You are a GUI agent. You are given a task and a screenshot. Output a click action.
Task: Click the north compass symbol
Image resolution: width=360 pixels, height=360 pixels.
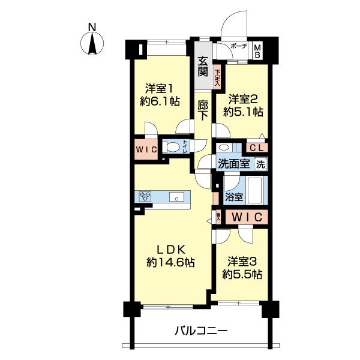tap(92, 43)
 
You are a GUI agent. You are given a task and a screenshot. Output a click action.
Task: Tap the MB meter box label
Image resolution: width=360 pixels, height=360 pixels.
tap(258, 52)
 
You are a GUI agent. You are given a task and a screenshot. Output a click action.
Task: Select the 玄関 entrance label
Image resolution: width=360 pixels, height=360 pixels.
tap(203, 67)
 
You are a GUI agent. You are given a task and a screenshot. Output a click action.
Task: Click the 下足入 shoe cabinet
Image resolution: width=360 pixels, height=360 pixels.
tap(217, 79)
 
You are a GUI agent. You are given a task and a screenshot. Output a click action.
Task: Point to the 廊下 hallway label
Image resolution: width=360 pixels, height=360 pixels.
tap(203, 110)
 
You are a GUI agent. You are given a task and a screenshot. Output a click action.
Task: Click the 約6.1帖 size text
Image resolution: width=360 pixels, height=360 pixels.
tap(160, 101)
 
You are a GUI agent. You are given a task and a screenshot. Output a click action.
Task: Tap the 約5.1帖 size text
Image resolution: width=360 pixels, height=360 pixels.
tap(244, 112)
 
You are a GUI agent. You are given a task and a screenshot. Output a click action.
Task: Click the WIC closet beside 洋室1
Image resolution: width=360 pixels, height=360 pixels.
tap(146, 149)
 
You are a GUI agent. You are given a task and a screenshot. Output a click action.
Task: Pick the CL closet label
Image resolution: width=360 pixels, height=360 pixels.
tap(257, 148)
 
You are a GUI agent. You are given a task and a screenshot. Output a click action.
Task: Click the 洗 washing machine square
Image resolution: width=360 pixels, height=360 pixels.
tap(261, 164)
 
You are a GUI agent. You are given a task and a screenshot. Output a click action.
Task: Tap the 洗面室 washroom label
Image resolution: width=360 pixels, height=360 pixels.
tap(234, 164)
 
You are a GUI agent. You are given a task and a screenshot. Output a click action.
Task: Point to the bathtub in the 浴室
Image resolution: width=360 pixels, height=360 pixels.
tap(256, 190)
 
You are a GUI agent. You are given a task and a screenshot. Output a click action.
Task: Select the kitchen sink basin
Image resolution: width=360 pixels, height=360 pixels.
tap(176, 197)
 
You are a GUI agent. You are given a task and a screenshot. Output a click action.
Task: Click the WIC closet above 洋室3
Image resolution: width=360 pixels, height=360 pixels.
tap(247, 217)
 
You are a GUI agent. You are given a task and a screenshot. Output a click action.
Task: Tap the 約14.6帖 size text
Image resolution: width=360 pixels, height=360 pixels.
tap(170, 262)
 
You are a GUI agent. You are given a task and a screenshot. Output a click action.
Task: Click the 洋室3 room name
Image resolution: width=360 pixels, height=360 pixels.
tap(242, 262)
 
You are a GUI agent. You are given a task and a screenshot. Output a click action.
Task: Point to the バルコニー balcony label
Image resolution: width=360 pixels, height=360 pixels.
tap(201, 331)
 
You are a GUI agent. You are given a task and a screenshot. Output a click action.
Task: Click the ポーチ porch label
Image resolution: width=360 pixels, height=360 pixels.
tap(239, 46)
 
